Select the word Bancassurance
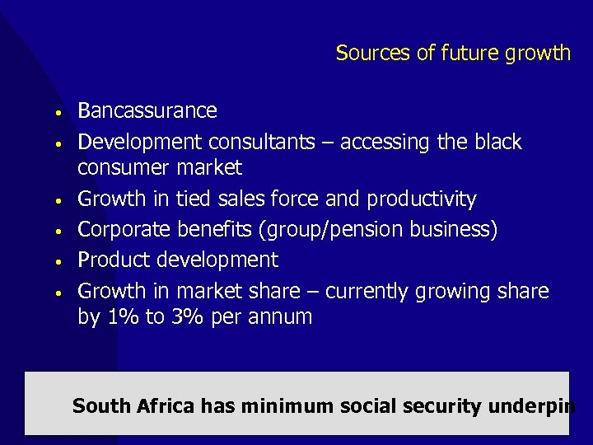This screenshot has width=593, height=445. point(147,110)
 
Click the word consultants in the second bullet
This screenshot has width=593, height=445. point(263,143)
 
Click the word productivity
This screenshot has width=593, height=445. point(422,199)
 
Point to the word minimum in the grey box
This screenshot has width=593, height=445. point(286,406)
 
